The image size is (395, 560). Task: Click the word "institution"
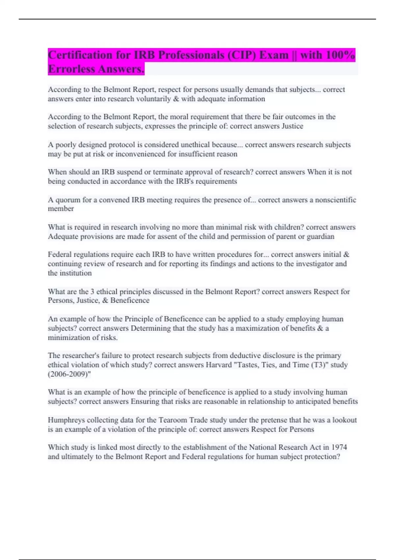[75, 273]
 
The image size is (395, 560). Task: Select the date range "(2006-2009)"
[69, 374]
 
